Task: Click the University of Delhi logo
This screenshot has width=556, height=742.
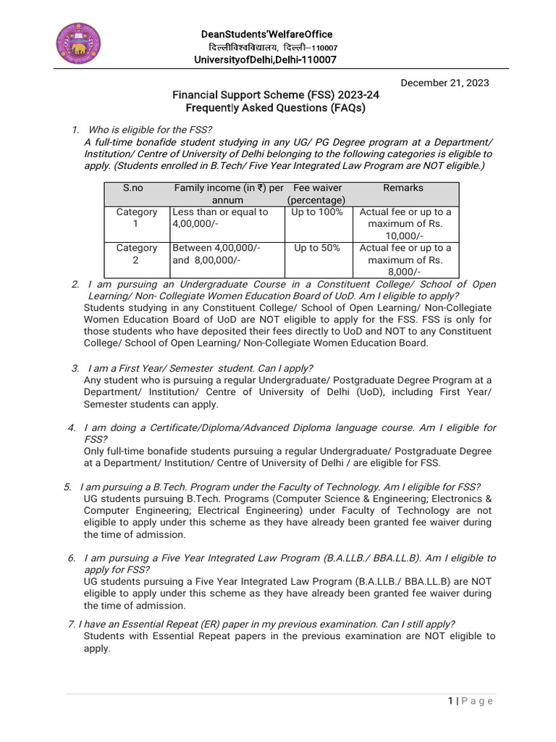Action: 79,43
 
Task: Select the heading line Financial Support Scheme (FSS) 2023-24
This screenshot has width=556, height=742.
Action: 275,95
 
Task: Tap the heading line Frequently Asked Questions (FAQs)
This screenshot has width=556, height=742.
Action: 275,108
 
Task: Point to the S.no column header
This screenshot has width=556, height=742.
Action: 133,188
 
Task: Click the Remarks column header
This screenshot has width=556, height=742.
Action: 403,188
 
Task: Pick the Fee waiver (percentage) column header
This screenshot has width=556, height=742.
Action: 316,193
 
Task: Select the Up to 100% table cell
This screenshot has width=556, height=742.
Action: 316,212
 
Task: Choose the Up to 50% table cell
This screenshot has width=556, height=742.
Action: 316,248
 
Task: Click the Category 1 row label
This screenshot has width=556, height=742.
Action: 137,217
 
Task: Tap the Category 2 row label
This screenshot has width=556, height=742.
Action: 137,254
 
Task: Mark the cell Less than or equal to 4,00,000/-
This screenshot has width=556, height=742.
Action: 220,217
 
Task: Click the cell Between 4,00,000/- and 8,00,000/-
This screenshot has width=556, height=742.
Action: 216,254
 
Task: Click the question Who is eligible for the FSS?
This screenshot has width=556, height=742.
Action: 148,130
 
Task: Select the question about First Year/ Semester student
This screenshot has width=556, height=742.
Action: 200,368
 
